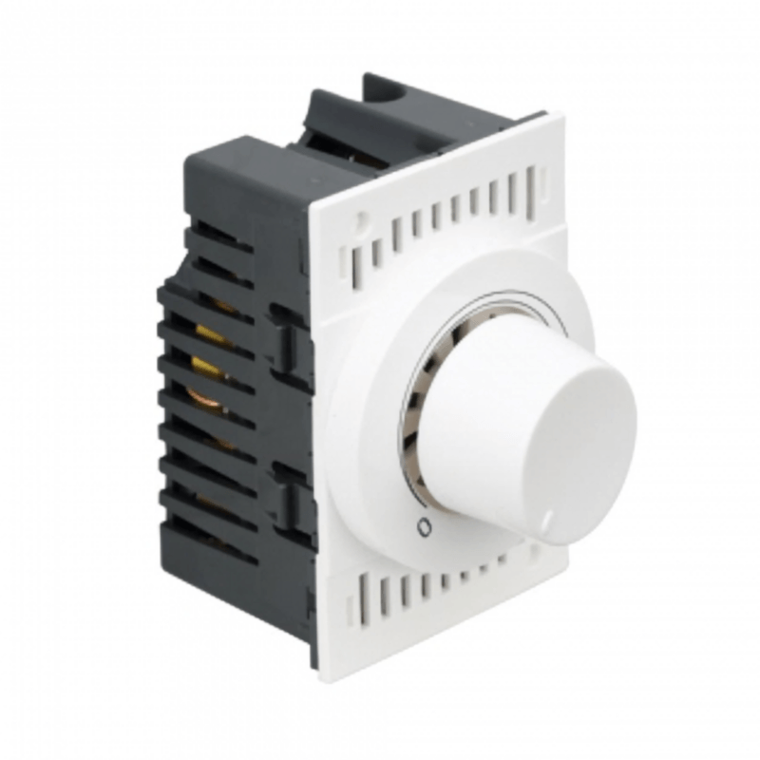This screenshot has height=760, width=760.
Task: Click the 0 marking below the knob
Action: [x=424, y=523]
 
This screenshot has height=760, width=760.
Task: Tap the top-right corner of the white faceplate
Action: [x=560, y=118]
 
